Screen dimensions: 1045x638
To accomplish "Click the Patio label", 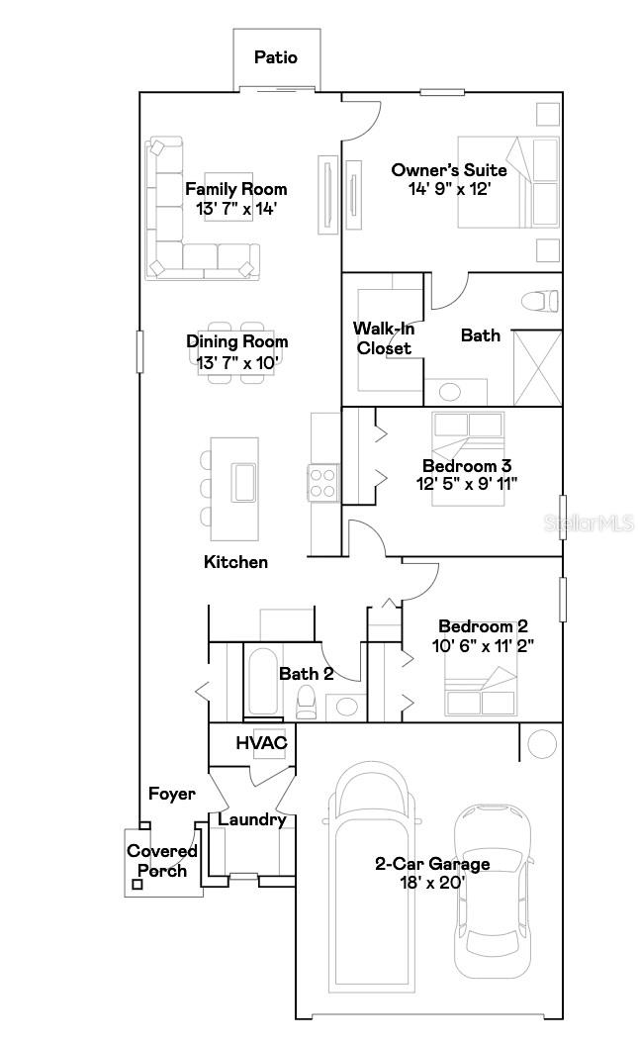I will coord(276,57).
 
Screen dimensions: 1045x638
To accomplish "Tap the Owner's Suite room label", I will coord(449,170).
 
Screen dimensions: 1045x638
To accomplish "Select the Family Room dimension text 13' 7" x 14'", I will coord(236,209).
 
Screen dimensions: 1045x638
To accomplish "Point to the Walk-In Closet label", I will coord(384,337).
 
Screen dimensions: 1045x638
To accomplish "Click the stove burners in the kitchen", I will coord(323,483).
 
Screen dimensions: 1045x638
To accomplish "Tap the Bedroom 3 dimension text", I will coord(468,483).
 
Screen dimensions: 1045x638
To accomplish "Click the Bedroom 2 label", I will coord(483,626).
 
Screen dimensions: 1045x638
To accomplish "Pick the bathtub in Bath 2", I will coord(262,682).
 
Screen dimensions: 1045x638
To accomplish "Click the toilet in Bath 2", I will coord(306,702).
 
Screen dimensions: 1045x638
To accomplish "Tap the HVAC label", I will coord(261,742).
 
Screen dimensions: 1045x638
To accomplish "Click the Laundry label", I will coord(251,819).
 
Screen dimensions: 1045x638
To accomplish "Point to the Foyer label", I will coord(172,794).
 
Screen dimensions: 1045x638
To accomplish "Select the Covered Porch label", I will coord(162,861).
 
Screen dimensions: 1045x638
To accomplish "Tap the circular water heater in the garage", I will coord(542,742).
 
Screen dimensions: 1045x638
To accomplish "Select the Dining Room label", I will coord(237,341).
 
